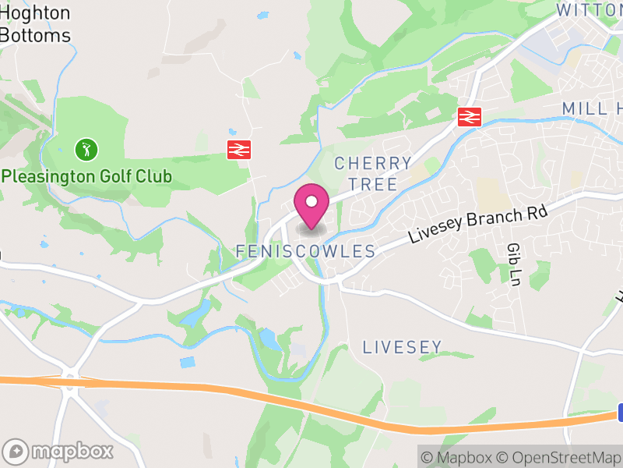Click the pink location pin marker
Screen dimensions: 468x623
[x=311, y=205]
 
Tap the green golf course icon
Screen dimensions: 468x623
[x=86, y=148]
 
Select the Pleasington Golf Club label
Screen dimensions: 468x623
[x=86, y=176]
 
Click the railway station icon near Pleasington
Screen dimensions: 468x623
[x=238, y=150]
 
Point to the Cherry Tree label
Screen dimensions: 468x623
[x=373, y=174]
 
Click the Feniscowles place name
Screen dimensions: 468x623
[x=305, y=251]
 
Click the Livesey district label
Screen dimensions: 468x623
[x=403, y=347]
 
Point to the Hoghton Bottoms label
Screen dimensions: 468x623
[x=35, y=24]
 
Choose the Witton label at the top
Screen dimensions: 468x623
[x=588, y=10]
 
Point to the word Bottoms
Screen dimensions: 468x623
[x=35, y=35]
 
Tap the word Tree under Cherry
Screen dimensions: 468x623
[x=373, y=184]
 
